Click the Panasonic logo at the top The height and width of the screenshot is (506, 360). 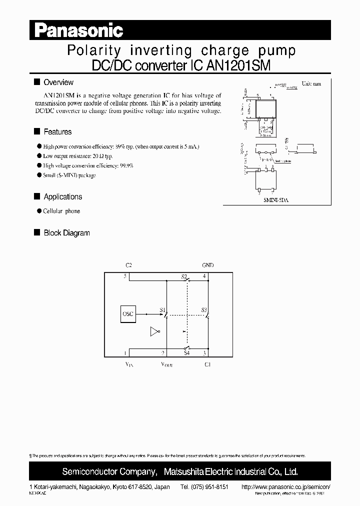point(78,30)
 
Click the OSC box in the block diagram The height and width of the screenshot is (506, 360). point(128,314)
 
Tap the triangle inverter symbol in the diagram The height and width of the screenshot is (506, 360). point(154,331)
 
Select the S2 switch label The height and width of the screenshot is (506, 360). point(183,276)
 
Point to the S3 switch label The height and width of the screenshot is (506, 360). point(204,310)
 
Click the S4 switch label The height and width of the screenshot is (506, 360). point(186,353)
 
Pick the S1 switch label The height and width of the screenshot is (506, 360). point(162,310)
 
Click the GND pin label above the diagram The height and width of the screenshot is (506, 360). point(207,265)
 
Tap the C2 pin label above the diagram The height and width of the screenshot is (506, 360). point(128,265)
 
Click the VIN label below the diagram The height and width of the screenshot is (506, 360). point(129,365)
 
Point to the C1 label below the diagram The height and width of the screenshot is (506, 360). point(207,364)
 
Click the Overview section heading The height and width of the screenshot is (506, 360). point(58,82)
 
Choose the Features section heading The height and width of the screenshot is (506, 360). point(57,132)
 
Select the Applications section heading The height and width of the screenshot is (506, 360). point(62,197)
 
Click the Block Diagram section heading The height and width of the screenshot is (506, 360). point(66,233)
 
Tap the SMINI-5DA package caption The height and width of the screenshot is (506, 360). point(276,199)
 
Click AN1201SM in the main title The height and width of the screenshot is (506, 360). point(240,65)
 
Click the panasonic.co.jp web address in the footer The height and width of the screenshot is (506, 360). point(286,486)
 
